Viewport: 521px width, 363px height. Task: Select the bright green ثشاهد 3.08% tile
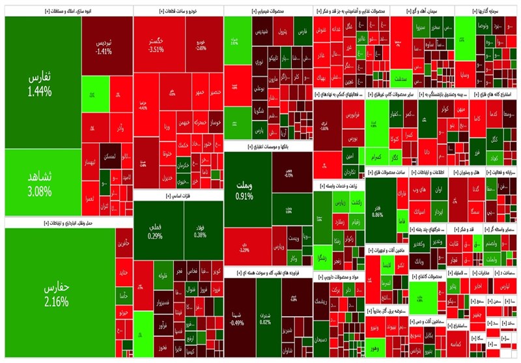39,183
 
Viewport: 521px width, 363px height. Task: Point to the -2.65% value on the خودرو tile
201,48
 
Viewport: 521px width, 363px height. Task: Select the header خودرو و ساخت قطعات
178,11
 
